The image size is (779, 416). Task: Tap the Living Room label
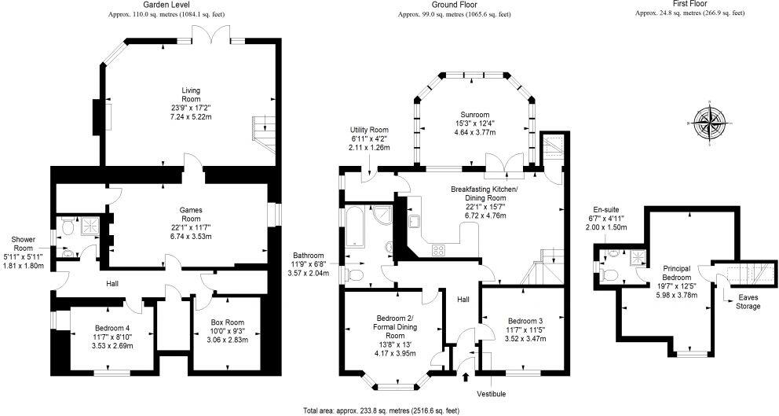pyautogui.click(x=192, y=103)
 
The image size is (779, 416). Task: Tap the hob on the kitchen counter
pyautogui.click(x=437, y=250)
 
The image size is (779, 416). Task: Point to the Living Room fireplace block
pyautogui.click(x=97, y=116)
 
